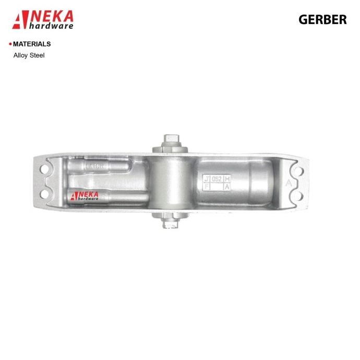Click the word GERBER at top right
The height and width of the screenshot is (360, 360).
(322, 19)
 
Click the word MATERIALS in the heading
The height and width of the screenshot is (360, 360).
(32, 44)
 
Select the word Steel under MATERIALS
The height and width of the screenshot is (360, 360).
(37, 55)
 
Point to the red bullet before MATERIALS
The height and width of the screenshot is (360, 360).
(10, 44)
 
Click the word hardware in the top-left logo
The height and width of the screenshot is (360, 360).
(51, 26)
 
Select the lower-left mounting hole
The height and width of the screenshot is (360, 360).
(44, 195)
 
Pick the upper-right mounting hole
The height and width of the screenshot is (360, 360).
(299, 171)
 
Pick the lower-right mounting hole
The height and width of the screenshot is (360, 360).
(299, 196)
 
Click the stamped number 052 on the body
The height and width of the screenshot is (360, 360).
(217, 179)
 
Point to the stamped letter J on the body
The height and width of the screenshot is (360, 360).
(207, 179)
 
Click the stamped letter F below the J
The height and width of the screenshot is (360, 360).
(207, 186)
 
